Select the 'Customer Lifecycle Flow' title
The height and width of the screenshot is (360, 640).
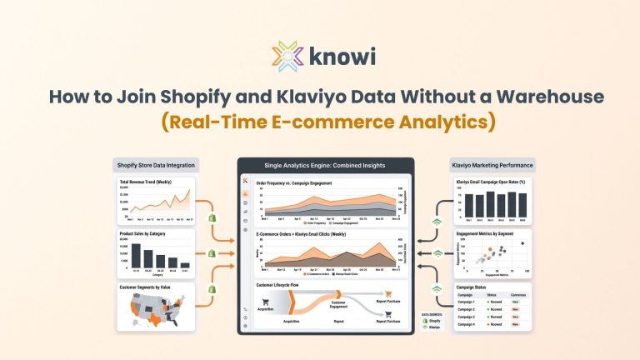click(283, 285)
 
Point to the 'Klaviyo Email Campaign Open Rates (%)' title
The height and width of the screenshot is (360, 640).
click(492, 182)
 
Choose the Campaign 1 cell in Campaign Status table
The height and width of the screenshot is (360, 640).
click(467, 302)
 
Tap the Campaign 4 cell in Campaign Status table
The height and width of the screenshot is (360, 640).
click(467, 324)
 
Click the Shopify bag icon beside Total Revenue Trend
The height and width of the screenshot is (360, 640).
click(212, 216)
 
